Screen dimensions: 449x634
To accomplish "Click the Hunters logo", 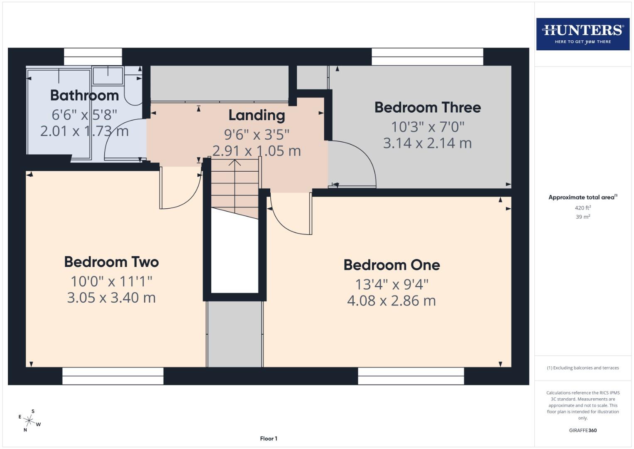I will tap(583, 34).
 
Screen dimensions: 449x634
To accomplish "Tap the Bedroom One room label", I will tap(392, 265).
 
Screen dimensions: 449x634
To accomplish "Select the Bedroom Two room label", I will tap(111, 262).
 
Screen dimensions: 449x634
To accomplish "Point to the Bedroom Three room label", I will tap(428, 107).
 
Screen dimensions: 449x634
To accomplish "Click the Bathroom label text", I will tap(85, 95).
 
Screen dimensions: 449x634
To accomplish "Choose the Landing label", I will tap(257, 115).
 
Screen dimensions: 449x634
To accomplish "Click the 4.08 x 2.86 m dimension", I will tap(392, 301).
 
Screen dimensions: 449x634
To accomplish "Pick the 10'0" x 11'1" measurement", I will tap(111, 281).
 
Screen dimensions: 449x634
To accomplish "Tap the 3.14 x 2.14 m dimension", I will tap(427, 143).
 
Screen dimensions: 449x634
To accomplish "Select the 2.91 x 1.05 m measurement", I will tap(257, 151).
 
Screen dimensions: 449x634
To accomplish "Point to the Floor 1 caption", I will tap(269, 439).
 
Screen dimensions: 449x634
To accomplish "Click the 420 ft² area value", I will tap(583, 208).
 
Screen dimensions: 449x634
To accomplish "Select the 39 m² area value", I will tap(583, 217).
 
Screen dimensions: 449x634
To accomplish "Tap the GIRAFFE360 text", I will tap(583, 430).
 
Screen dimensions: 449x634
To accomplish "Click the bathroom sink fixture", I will tap(108, 76).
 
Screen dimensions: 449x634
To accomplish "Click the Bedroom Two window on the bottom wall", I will tap(113, 376).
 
